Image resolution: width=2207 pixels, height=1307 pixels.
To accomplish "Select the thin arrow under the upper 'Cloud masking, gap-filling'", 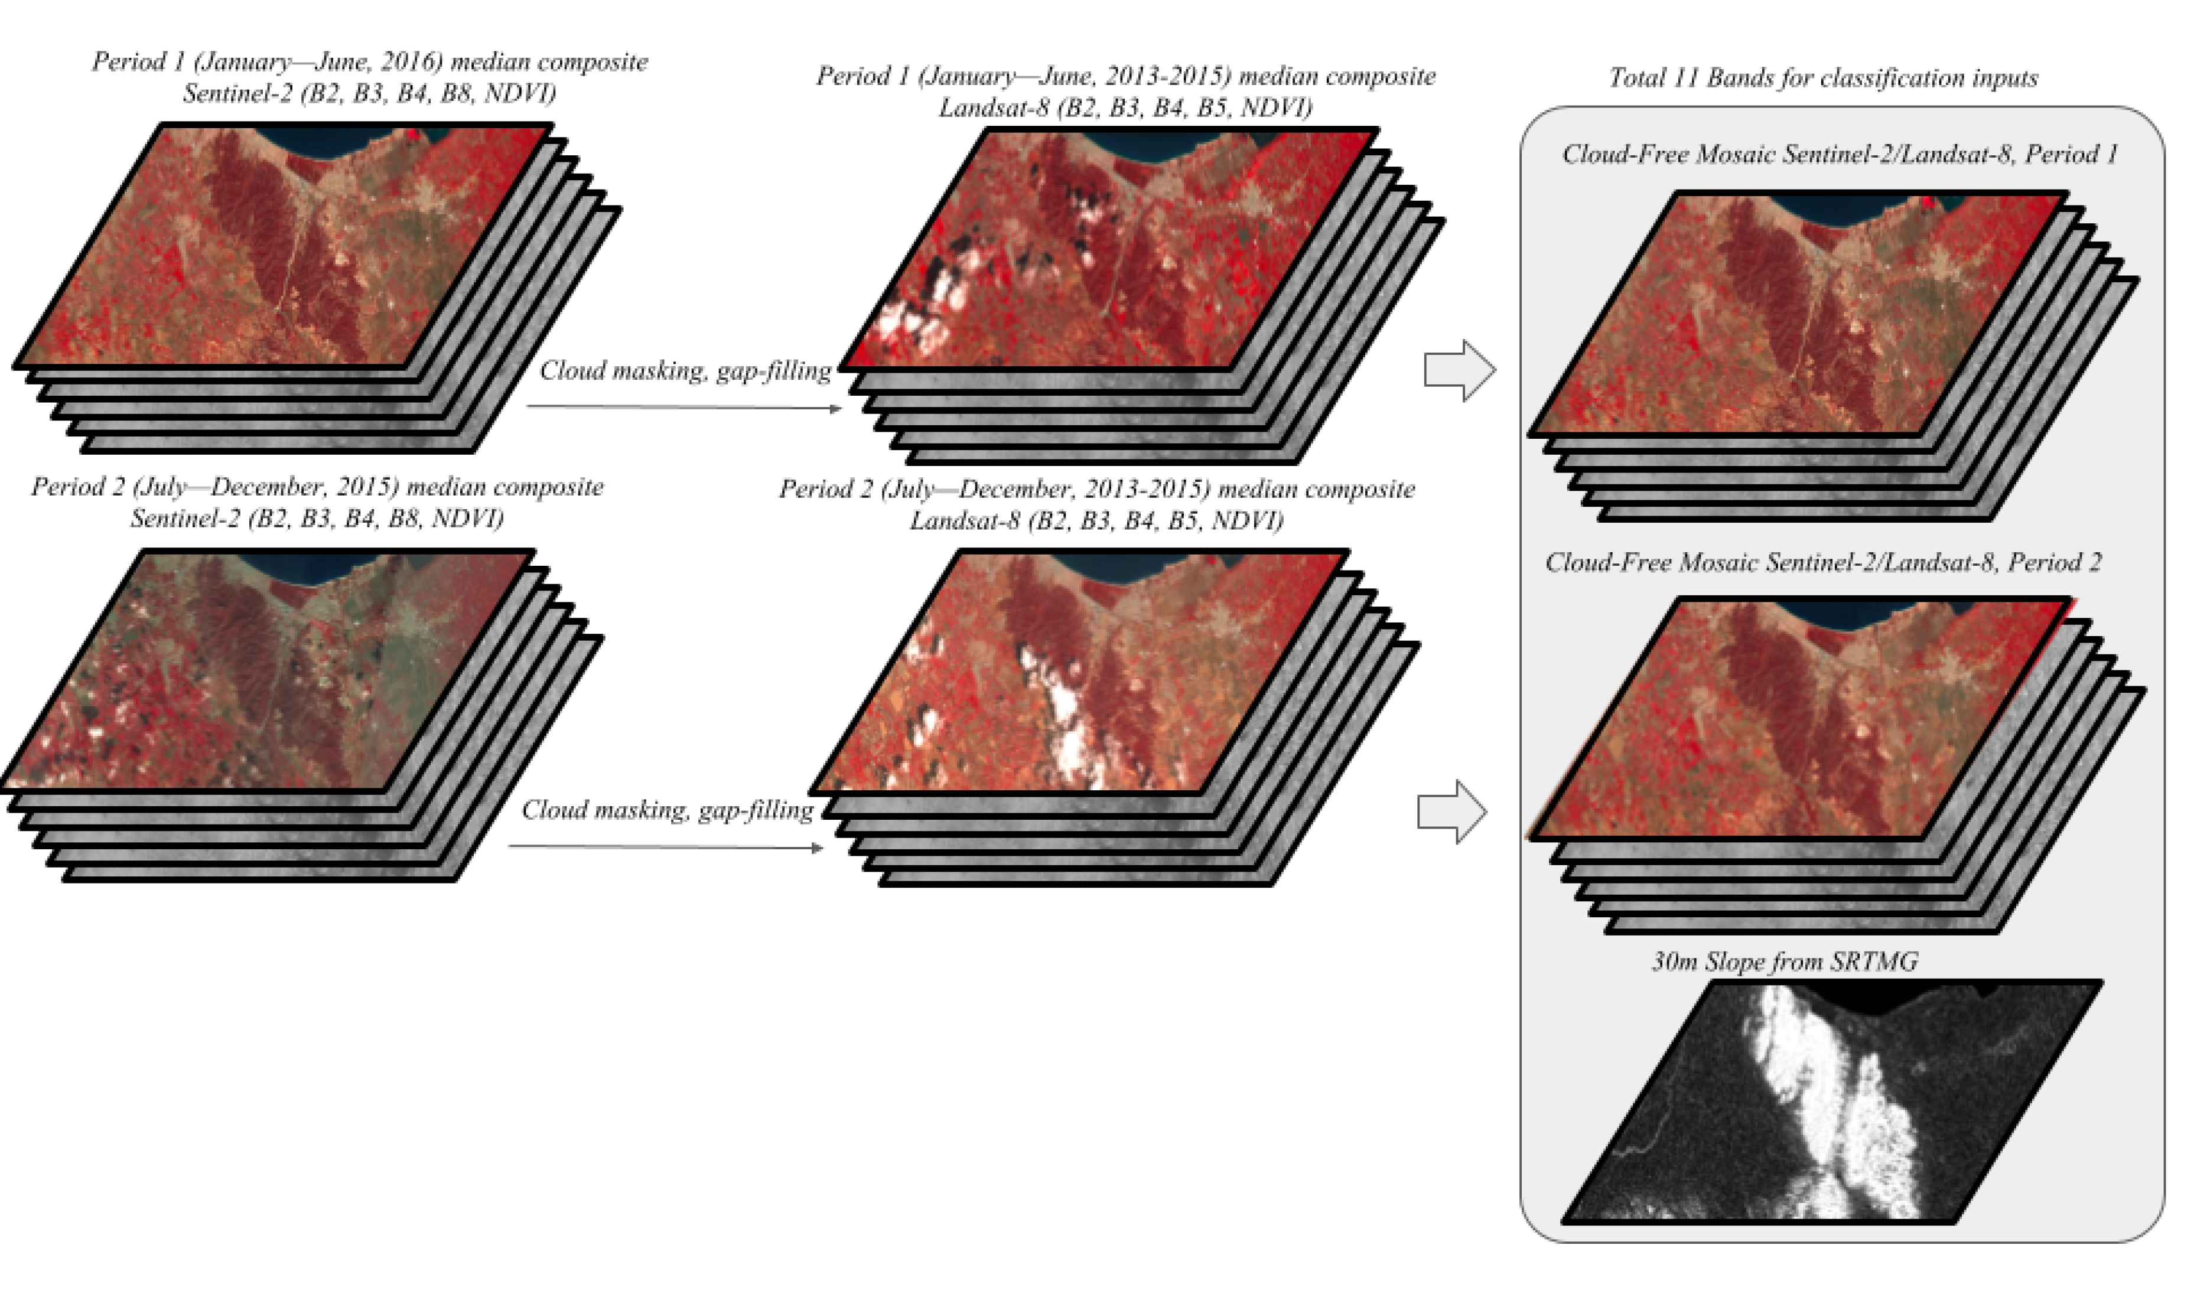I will [683, 407].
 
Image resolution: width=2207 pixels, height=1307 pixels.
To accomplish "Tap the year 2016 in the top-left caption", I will [411, 61].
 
